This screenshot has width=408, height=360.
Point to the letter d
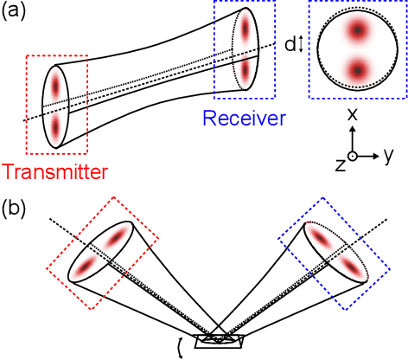click(x=289, y=45)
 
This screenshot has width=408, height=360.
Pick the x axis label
click(x=352, y=114)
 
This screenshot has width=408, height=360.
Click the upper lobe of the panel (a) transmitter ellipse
click(x=57, y=87)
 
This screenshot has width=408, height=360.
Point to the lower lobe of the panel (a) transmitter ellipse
click(x=56, y=126)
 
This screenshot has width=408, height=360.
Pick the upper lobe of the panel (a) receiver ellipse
click(x=245, y=29)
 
